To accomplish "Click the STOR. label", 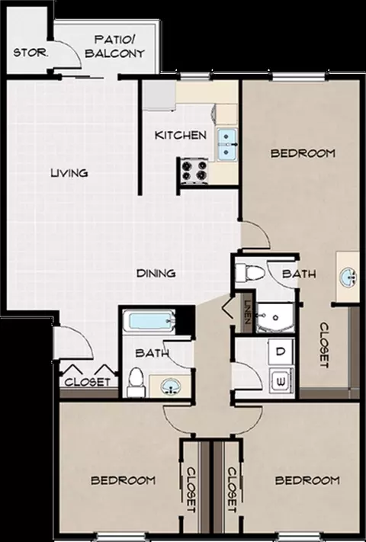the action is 30,53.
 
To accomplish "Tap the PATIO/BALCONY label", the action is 114,46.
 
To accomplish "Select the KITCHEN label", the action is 181,135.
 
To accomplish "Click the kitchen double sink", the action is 226,144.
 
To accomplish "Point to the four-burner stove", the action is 194,171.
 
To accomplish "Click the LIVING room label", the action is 69,172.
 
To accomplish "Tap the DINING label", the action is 156,273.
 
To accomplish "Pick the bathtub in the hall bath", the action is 152,322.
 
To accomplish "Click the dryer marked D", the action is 281,351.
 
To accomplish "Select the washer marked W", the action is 281,382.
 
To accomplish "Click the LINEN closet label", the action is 247,311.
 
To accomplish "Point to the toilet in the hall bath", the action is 135,383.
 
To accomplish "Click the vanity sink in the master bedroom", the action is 348,277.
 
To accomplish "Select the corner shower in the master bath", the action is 275,318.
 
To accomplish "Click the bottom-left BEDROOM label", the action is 123,480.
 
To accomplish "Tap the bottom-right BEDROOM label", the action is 307,480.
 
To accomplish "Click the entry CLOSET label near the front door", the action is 87,382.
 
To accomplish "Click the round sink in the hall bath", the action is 171,386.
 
